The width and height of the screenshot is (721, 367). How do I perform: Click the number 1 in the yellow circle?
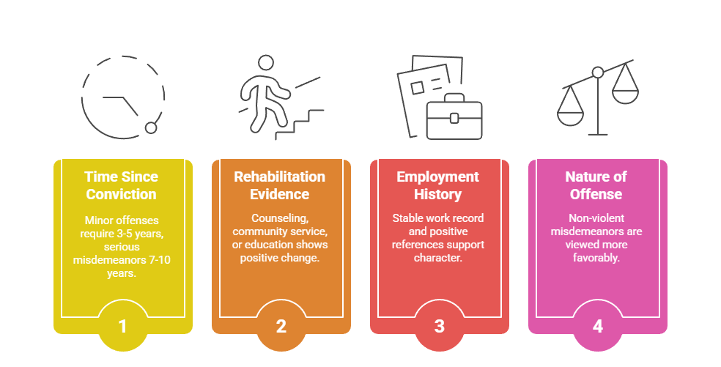pos(122,326)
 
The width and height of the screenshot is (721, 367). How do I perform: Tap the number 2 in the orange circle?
pos(281,326)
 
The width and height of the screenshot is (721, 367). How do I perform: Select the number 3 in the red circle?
pos(439,326)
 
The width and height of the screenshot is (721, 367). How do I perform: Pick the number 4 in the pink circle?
pos(597,326)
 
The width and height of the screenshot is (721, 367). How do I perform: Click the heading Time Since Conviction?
pos(122,185)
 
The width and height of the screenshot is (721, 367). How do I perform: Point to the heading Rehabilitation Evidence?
pos(280,185)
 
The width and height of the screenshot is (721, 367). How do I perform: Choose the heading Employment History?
pos(437,185)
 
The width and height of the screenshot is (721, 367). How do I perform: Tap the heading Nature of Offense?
pos(596,185)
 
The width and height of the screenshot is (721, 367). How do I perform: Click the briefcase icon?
pos(454,116)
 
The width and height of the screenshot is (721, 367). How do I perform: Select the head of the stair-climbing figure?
pos(266,62)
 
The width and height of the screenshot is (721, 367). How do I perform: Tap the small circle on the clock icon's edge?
pos(151,128)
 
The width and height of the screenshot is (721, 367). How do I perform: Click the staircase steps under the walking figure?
pos(300,125)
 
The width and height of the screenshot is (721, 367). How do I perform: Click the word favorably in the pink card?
pos(596,258)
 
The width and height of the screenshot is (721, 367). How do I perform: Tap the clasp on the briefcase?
pos(454,118)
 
